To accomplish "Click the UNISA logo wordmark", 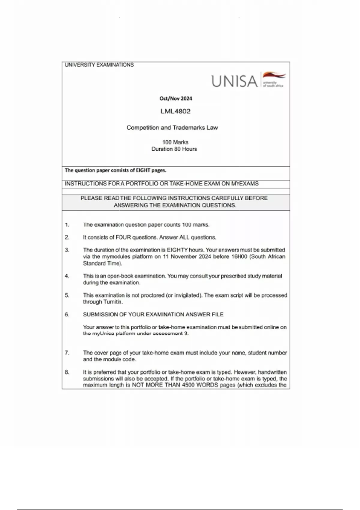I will [x=234, y=81].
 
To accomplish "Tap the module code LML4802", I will [x=175, y=111].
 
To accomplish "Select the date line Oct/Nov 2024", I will [x=176, y=98].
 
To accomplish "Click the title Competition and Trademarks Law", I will [x=172, y=127].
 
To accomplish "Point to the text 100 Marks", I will [x=175, y=142].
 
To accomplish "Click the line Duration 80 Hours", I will [x=174, y=149].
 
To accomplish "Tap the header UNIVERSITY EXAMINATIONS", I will [x=99, y=65].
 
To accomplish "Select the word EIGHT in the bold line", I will [x=143, y=170].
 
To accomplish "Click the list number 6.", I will [x=67, y=314].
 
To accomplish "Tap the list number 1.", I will [x=67, y=225].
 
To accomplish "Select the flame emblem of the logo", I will [x=274, y=76].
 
